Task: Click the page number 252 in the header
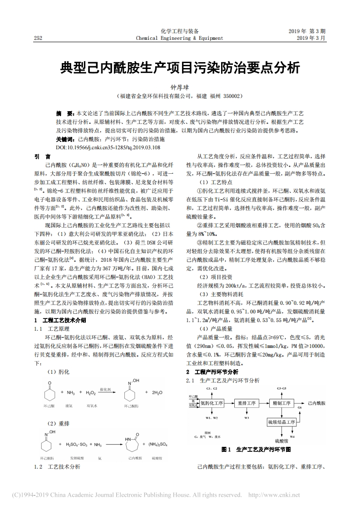pos(38,38)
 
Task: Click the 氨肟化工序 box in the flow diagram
pos(212,402)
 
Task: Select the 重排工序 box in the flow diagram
pos(247,402)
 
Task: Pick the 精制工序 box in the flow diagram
pos(281,402)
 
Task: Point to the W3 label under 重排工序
pos(247,417)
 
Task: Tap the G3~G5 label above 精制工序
pos(281,389)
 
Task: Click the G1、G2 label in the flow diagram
pos(212,389)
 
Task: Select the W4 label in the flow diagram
pos(292,436)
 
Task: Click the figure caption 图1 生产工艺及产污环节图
pos(256,449)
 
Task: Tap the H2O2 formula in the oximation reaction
pos(91,392)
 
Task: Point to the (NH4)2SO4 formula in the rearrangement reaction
pos(158,445)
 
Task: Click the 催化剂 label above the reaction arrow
pos(105,389)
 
